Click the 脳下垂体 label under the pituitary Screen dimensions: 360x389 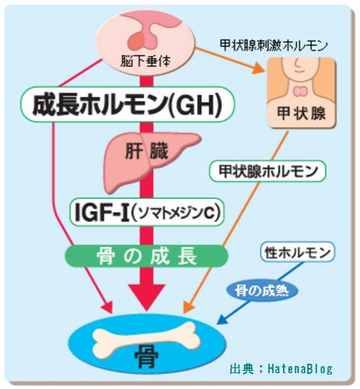pyautogui.click(x=145, y=61)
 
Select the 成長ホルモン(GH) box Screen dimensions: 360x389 pyautogui.click(x=127, y=104)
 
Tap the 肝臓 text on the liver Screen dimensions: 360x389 pyautogui.click(x=146, y=151)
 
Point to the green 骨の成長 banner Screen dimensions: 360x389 pyautogui.click(x=146, y=256)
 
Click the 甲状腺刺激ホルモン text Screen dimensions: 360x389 pyautogui.click(x=274, y=45)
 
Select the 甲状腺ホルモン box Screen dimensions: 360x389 pyautogui.click(x=268, y=171)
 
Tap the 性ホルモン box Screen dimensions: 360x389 pyautogui.click(x=297, y=252)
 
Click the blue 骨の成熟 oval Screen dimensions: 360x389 pyautogui.click(x=262, y=290)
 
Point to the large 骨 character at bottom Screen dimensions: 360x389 pyautogui.click(x=147, y=359)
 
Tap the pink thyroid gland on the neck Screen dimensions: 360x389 pyautogui.click(x=301, y=91)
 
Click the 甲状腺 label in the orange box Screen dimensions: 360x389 pyautogui.click(x=301, y=114)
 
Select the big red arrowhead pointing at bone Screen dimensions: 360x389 pyautogui.click(x=147, y=297)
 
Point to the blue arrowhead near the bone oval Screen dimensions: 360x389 pyautogui.click(x=222, y=319)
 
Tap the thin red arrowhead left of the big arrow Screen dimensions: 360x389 pyautogui.click(x=108, y=307)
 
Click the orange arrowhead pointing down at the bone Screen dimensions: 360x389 pyautogui.click(x=188, y=307)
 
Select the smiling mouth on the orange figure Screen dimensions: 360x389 pyautogui.click(x=297, y=71)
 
